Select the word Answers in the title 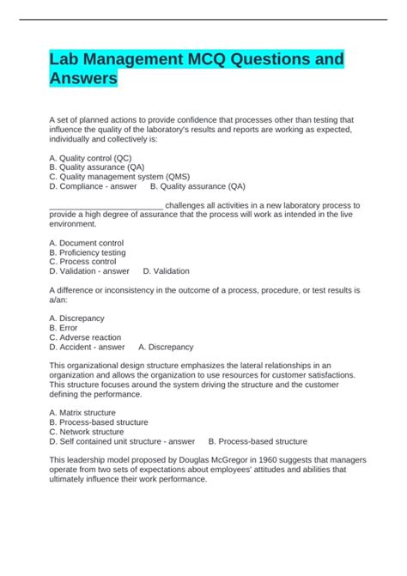click(83, 80)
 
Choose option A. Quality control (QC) click(91, 158)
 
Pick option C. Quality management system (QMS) click(119, 176)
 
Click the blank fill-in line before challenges click(106, 206)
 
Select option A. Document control click(87, 243)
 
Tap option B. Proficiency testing click(88, 252)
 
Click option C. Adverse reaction click(85, 337)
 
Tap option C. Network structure click(88, 432)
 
